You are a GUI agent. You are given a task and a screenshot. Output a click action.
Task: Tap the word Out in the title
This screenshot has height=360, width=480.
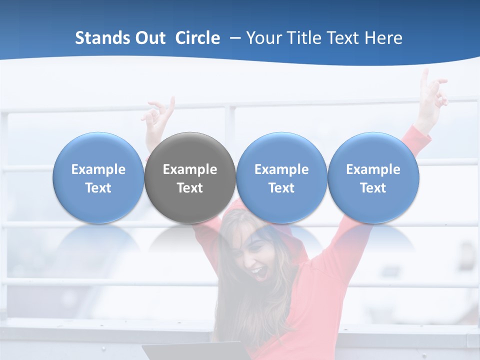(x=148, y=38)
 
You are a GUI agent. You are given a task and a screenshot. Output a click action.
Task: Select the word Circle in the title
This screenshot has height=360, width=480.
(x=197, y=38)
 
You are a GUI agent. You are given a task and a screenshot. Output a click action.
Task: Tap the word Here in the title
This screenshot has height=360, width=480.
(x=383, y=38)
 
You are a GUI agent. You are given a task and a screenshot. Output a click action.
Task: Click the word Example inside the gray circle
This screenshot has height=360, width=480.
(x=190, y=169)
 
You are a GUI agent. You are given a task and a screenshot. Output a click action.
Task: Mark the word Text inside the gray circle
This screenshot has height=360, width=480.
(x=190, y=188)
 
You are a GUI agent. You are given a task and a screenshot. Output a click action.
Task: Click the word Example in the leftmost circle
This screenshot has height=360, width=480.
(x=98, y=169)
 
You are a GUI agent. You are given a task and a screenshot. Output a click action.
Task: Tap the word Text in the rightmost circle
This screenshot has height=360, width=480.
(x=373, y=188)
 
